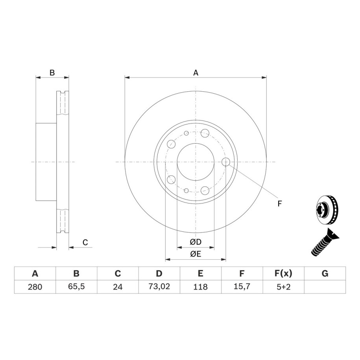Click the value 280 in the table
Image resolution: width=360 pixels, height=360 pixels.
tap(35, 287)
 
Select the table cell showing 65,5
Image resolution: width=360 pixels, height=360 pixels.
tap(76, 286)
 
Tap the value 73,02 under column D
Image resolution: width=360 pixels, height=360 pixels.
tap(159, 286)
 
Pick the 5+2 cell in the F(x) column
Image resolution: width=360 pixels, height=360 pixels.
tap(283, 287)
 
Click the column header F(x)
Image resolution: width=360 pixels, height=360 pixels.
tap(283, 273)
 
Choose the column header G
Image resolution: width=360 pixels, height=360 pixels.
tap(325, 273)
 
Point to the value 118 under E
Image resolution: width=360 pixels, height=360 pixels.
tap(200, 287)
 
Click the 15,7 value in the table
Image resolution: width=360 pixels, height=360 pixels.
tap(242, 286)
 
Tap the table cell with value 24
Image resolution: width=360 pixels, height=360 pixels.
tap(118, 287)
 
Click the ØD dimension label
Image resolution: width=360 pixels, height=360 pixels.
tap(196, 242)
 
